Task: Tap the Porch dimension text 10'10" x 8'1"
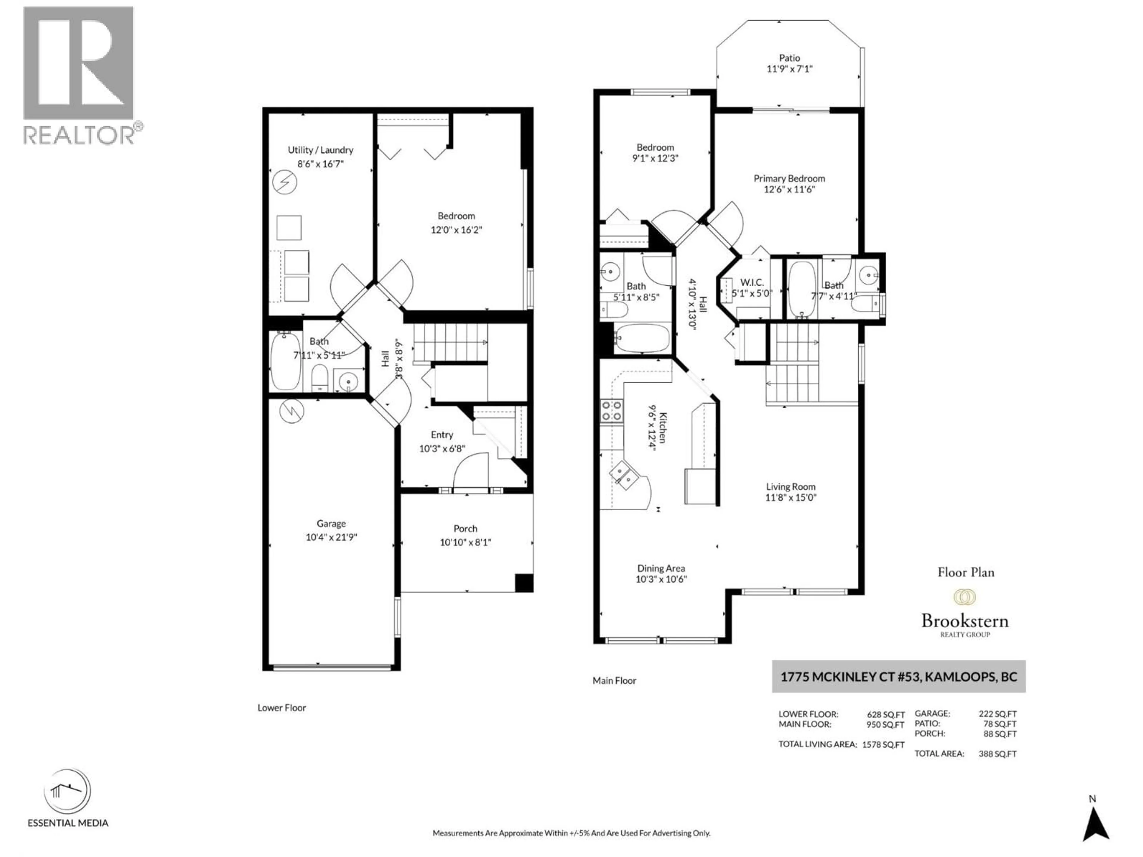[x=465, y=542]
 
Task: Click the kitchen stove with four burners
[x=611, y=411]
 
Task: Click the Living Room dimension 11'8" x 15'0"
[x=791, y=498]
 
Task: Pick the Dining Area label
[x=661, y=568]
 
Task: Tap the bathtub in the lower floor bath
[x=285, y=361]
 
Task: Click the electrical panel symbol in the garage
[x=291, y=411]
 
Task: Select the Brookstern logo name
[x=965, y=620]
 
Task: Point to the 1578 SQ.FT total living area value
[x=883, y=745]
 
